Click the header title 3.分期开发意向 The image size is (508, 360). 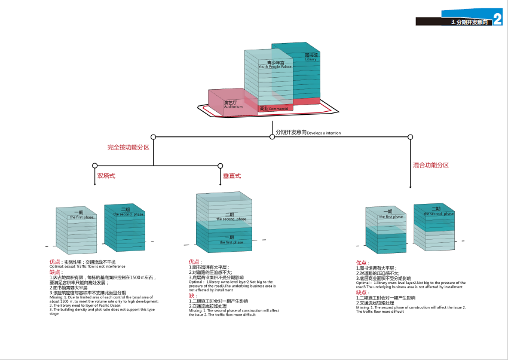[x=469, y=22]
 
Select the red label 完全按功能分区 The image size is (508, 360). [x=128, y=147]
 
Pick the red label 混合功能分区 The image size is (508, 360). [x=430, y=165]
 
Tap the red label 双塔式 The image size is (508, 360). [x=106, y=176]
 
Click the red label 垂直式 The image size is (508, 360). [x=232, y=176]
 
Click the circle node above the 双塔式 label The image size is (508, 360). [x=94, y=165]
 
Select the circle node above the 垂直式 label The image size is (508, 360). [x=221, y=165]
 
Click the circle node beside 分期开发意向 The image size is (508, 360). [x=272, y=137]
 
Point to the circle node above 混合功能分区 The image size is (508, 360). [x=411, y=137]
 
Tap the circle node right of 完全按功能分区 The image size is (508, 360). [x=154, y=137]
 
